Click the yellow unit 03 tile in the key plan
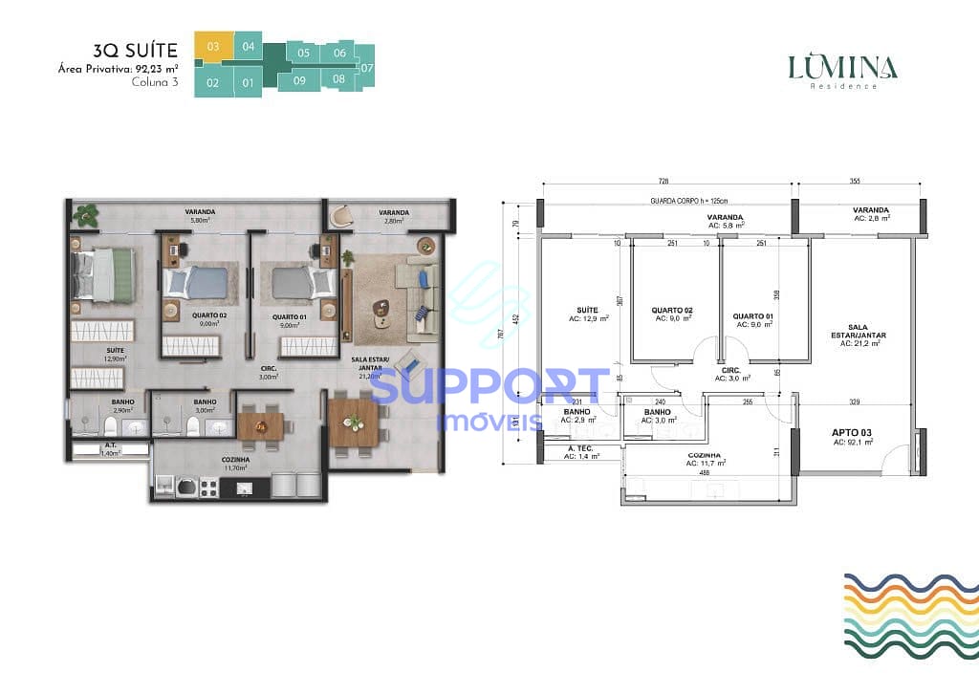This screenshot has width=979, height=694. tap(212, 46)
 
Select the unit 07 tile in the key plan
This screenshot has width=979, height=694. tap(367, 68)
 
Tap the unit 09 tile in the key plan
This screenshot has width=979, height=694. tap(299, 80)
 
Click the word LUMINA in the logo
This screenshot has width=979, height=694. tap(842, 67)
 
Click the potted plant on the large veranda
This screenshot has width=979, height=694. tap(86, 214)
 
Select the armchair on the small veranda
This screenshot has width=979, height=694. tap(340, 218)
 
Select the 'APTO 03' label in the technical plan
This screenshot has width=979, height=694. tap(851, 433)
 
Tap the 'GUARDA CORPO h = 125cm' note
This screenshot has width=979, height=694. tap(688, 201)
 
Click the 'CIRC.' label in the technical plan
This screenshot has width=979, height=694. tap(732, 369)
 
